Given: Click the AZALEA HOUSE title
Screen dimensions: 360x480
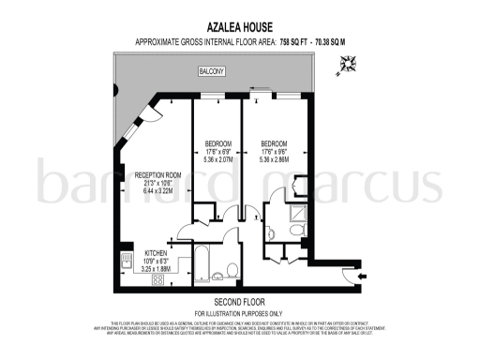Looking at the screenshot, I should click(239, 29).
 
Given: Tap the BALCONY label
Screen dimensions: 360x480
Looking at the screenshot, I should click(209, 71).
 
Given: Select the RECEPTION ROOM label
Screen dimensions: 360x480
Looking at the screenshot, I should click(157, 175).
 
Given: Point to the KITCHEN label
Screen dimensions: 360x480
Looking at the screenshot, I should click(156, 252).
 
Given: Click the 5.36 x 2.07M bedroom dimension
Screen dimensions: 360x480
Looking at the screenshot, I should click(217, 160).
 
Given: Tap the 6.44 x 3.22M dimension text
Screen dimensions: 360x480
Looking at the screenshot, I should click(157, 190).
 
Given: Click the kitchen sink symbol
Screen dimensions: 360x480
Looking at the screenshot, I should click(125, 256).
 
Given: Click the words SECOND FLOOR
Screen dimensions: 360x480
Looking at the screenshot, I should click(239, 302).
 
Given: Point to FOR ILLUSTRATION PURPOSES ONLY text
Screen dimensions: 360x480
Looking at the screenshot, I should click(239, 312).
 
